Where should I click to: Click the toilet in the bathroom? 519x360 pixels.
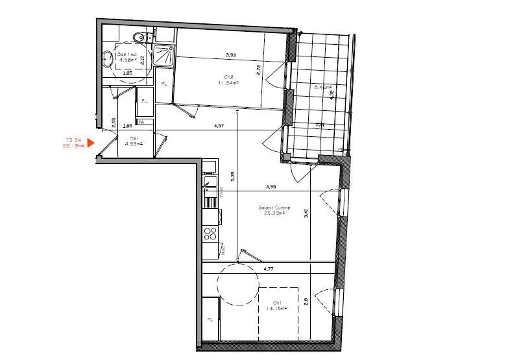[138, 37]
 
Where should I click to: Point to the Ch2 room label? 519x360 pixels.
[228, 77]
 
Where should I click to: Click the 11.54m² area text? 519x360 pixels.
[228, 83]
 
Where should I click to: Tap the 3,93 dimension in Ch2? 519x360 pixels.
[230, 54]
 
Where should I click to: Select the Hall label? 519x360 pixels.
[134, 138]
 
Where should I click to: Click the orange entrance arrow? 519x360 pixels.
[91, 143]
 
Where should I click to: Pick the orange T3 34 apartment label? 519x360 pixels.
[73, 139]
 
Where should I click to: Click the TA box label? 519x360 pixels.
[141, 122]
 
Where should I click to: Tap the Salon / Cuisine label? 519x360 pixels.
[275, 208]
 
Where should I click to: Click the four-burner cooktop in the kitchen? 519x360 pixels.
[210, 233]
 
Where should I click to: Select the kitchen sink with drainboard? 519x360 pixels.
[210, 197]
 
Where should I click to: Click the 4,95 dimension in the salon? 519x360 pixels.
[271, 187]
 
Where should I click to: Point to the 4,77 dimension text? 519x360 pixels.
[269, 269]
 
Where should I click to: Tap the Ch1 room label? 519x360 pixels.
[277, 302]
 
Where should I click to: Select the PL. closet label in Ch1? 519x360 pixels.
[210, 320]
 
